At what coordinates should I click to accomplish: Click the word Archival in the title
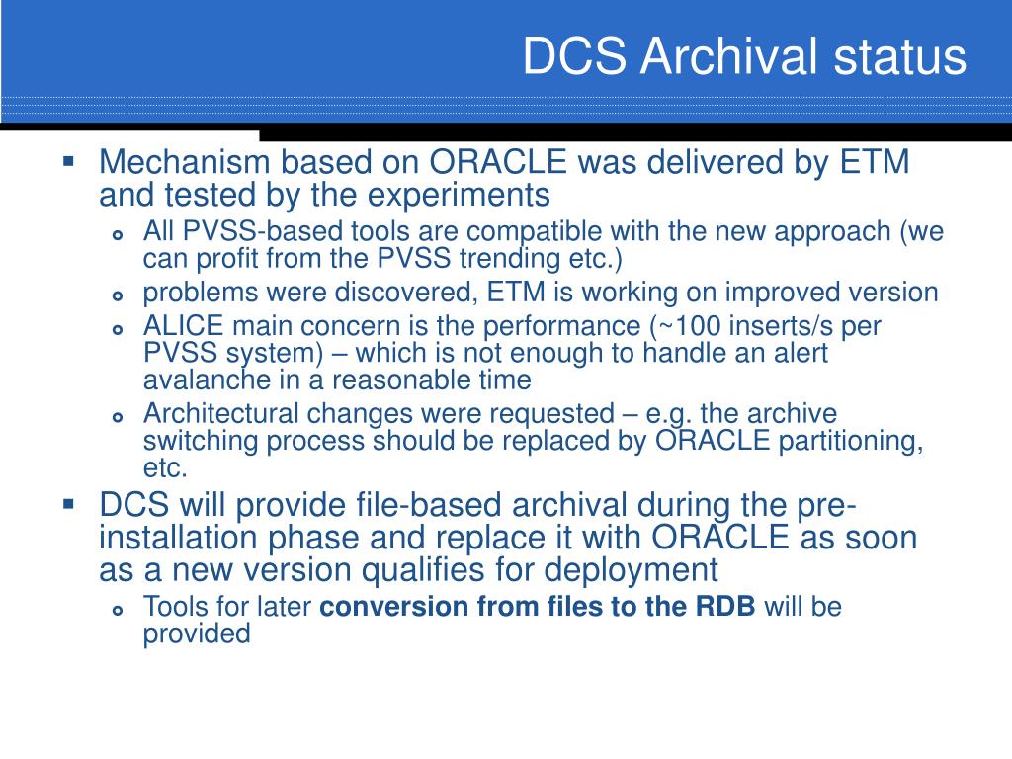pos(730,55)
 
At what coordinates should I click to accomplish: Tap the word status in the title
pos(899,56)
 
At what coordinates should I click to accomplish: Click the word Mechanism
pos(184,161)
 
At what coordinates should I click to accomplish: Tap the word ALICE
pos(183,326)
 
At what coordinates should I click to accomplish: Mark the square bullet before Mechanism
pos(69,160)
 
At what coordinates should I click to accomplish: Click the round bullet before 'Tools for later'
pos(117,610)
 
